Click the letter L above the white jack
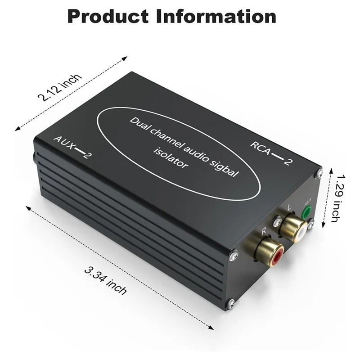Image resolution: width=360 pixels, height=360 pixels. [x=289, y=209]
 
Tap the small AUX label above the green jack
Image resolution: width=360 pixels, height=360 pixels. [x=308, y=201]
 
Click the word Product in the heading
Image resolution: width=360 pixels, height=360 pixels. [x=107, y=17]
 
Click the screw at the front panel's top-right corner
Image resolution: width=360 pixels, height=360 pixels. [x=319, y=172]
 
